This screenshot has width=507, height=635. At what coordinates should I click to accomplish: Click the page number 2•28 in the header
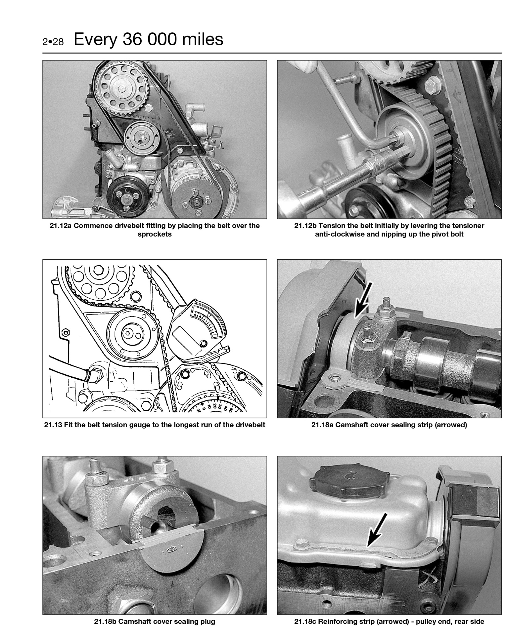(x=53, y=42)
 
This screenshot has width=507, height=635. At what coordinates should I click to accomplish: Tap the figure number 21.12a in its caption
(x=61, y=226)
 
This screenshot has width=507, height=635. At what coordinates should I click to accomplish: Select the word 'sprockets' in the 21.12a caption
(x=155, y=234)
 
